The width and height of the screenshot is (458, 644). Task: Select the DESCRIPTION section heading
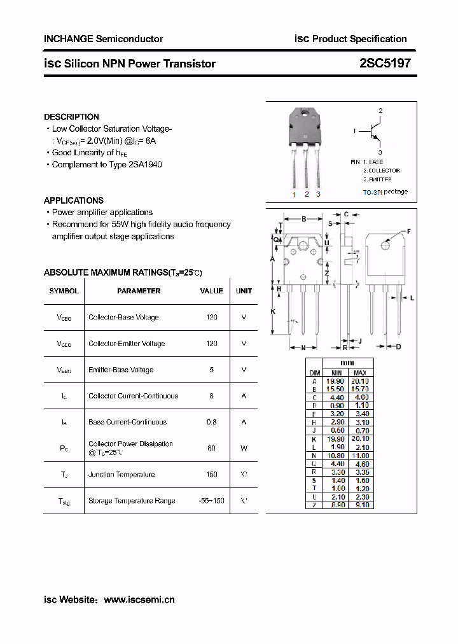click(71, 117)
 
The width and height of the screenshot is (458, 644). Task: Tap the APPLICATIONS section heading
click(74, 200)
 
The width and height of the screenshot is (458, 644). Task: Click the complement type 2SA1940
click(145, 165)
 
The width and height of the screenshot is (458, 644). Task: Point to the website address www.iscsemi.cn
click(139, 599)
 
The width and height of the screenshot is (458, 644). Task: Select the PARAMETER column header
click(139, 291)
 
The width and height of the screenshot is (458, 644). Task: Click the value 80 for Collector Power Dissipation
click(211, 448)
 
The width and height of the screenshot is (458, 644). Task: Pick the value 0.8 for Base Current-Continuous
click(211, 422)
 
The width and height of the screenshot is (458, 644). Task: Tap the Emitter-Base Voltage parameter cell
click(121, 370)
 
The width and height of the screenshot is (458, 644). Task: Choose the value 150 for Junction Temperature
click(211, 474)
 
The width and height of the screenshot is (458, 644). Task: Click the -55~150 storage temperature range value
click(211, 501)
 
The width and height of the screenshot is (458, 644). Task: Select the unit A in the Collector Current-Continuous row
click(244, 396)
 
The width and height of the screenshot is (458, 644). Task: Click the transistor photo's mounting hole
click(306, 115)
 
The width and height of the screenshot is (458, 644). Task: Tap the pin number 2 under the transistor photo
click(307, 194)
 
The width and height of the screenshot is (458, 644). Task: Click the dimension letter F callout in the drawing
click(408, 231)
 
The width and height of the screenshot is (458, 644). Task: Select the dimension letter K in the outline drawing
click(272, 311)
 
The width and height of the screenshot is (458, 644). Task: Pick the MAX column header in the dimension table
click(360, 372)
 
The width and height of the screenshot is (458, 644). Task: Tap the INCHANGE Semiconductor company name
click(103, 39)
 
